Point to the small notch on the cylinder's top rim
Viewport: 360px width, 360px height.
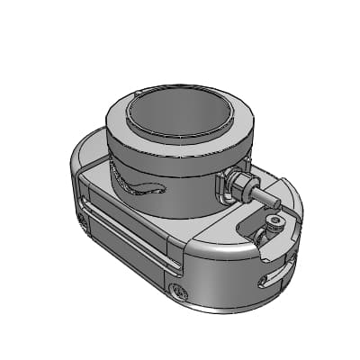(136, 93)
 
